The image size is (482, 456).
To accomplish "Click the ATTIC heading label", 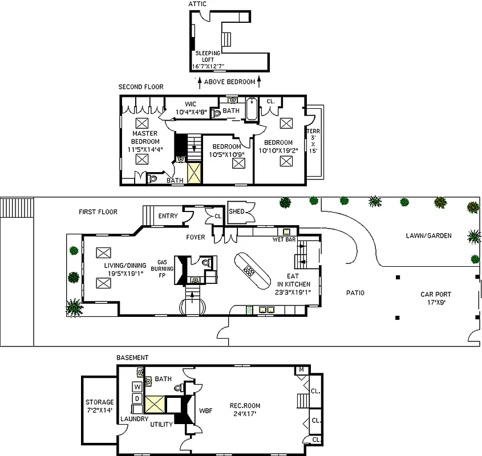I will click(197, 4).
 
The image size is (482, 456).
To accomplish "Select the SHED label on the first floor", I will click(237, 211).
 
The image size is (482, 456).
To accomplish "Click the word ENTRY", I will click(168, 215).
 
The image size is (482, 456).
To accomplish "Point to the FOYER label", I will click(196, 237).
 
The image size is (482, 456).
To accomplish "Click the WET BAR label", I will click(283, 239).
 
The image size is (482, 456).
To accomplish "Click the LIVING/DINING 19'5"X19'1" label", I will click(125, 269).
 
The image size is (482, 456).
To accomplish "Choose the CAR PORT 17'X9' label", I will click(436, 299).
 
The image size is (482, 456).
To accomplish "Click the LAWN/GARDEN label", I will click(428, 235).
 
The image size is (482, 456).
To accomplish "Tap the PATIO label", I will click(355, 293).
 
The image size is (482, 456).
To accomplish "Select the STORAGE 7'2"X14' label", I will click(99, 406).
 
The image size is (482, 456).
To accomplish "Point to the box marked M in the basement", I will click(302, 370).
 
